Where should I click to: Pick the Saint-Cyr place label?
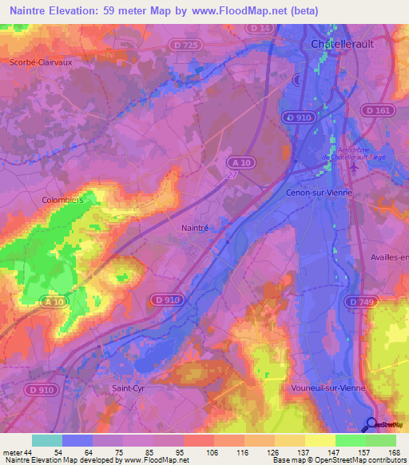127,387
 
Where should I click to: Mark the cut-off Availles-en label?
390,256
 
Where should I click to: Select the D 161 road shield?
378,109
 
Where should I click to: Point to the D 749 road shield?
363,301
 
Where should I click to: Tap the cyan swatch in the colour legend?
47,440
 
